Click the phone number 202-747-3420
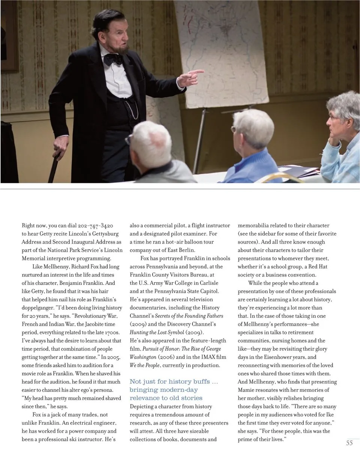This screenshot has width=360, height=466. tap(95, 225)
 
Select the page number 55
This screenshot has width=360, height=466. tap(349, 443)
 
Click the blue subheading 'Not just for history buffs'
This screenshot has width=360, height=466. tap(174, 382)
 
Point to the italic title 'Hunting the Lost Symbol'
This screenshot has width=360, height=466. tap(157, 332)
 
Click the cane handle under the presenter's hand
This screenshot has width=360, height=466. tap(59, 144)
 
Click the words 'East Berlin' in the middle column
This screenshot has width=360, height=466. tap(181, 250)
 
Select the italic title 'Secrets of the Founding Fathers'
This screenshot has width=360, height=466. tap(189, 316)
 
